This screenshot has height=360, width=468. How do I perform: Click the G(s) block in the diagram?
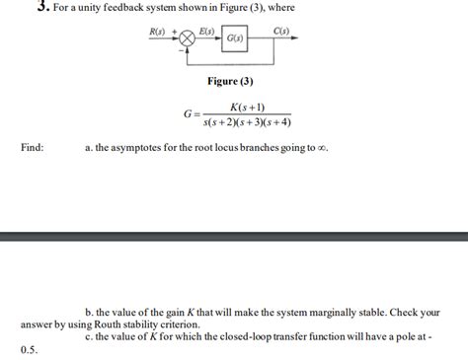pyautogui.click(x=235, y=39)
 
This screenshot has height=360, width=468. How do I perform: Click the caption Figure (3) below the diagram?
pyautogui.click(x=230, y=81)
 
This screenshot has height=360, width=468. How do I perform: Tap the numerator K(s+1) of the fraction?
pyautogui.click(x=246, y=108)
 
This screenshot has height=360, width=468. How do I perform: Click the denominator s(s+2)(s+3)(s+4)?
pyautogui.click(x=246, y=124)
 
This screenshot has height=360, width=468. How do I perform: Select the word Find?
pyautogui.click(x=32, y=148)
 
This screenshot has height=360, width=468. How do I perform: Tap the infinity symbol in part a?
pyautogui.click(x=322, y=149)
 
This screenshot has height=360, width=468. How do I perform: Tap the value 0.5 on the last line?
pyautogui.click(x=27, y=348)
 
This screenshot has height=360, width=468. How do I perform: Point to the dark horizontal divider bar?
pyautogui.click(x=234, y=237)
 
